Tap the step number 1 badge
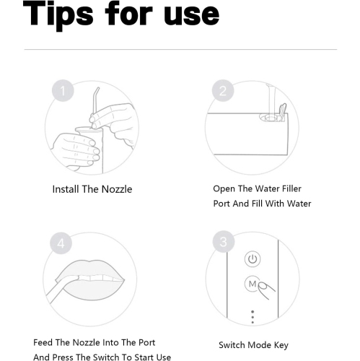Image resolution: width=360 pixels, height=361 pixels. click(x=63, y=91)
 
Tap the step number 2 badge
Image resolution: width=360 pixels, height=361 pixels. click(x=223, y=91)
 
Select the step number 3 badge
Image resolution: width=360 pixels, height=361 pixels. click(x=224, y=242)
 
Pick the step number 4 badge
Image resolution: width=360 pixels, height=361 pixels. click(x=61, y=243)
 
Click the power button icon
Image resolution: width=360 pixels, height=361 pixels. click(x=253, y=259)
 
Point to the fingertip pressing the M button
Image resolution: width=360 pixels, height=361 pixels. click(x=262, y=286)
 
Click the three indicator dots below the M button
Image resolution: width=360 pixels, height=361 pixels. click(x=253, y=317)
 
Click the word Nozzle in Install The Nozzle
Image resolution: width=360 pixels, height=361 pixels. click(x=117, y=189)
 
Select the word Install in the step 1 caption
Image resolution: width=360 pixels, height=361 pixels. click(x=66, y=189)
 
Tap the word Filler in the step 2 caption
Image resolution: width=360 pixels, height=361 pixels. click(x=291, y=188)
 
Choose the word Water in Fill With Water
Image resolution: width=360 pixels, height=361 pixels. click(x=299, y=204)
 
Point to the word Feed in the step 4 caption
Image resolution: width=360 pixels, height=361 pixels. click(x=43, y=342)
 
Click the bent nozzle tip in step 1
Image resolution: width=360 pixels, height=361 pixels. click(x=96, y=91)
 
